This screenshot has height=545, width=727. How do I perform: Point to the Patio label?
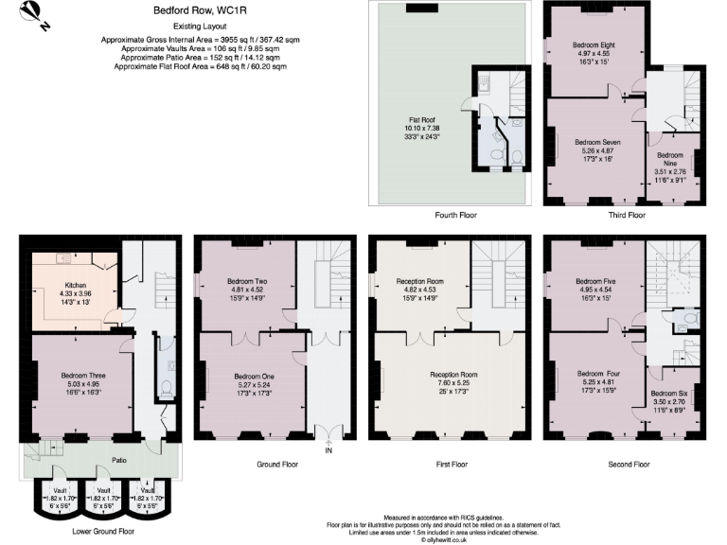(x=93, y=461)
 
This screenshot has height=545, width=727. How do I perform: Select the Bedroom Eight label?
(x=595, y=44)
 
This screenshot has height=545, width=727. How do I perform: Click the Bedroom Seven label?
(x=598, y=141)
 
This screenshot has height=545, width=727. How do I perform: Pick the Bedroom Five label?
(x=596, y=281)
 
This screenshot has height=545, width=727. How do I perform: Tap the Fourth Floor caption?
(x=454, y=216)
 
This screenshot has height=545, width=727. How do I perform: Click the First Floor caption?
(x=446, y=465)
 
